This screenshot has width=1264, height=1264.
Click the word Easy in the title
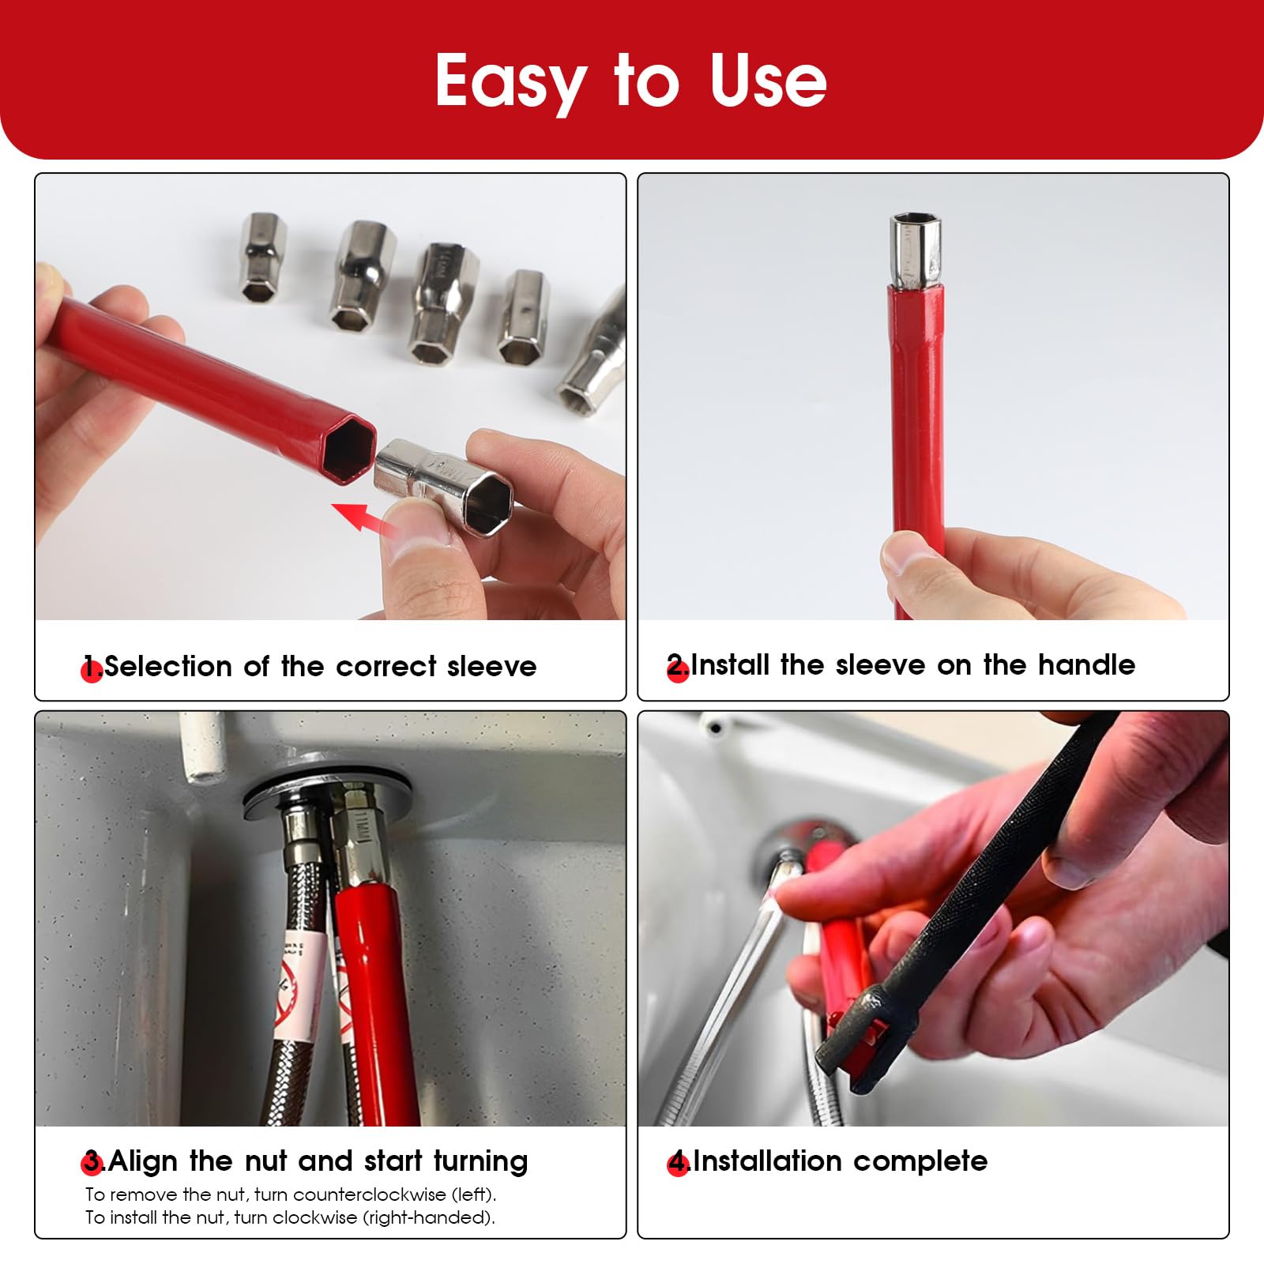coord(510,81)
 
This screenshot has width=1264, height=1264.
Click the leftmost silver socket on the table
coord(263,257)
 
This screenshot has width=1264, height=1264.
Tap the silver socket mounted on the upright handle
coord(916,250)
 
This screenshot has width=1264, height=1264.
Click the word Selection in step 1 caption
coord(168,666)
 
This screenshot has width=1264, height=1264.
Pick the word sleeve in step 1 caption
coord(492,667)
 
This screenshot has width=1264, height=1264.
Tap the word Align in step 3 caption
coord(144,1162)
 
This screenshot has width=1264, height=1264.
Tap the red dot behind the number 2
coord(678,671)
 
